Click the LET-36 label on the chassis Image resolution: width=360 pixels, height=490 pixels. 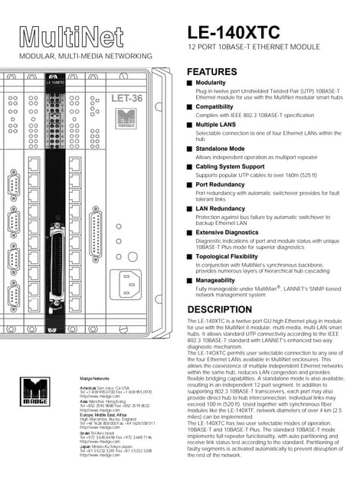(x=127, y=98)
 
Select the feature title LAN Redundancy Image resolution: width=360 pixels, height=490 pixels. (x=221, y=208)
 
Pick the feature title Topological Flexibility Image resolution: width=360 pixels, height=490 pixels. (x=231, y=256)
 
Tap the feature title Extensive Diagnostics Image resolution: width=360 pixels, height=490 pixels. (x=229, y=232)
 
